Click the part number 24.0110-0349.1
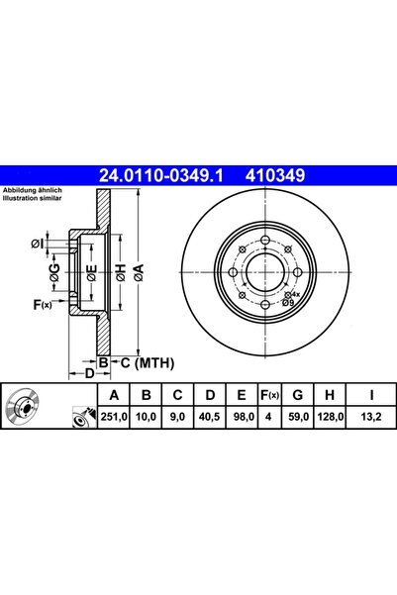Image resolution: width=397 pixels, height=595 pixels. pos(160,177)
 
